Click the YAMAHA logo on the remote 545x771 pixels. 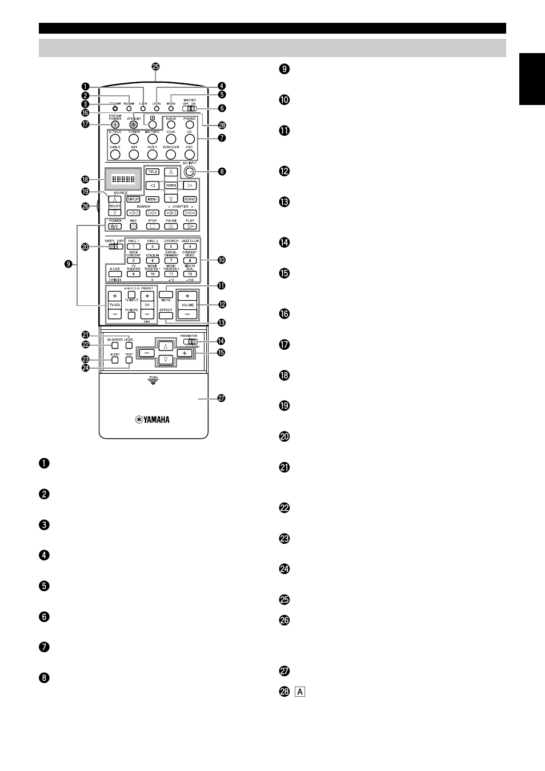153,420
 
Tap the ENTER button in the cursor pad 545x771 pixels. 171,185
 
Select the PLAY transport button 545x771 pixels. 190,227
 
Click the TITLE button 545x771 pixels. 152,171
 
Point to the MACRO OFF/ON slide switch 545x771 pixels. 191,108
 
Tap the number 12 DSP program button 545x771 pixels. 190,274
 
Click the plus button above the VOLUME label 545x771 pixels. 187,296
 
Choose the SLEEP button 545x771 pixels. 115,360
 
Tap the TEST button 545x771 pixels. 129,360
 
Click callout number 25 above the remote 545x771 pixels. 155,67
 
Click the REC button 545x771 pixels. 133,227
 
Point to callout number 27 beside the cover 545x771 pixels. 221,398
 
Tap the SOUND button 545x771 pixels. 190,200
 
